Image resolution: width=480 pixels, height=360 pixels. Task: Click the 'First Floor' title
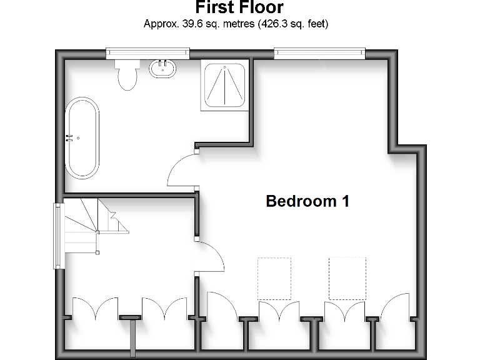(239, 8)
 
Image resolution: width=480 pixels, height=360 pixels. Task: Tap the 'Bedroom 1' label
(307, 201)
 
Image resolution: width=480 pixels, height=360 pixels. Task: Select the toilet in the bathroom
(127, 75)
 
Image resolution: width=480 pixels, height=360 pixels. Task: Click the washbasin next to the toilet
(162, 67)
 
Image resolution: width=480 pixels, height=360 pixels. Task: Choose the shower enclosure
(224, 86)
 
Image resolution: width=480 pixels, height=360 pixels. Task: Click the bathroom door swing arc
(181, 170)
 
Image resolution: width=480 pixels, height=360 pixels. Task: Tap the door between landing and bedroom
(210, 256)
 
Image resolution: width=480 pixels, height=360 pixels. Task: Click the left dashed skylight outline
(274, 278)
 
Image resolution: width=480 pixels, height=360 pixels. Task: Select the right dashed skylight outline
(347, 278)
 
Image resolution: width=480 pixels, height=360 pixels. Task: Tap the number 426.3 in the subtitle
(276, 24)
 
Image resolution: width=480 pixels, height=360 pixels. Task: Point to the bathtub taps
(72, 137)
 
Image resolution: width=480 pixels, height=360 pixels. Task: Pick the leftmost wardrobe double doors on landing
(95, 308)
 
